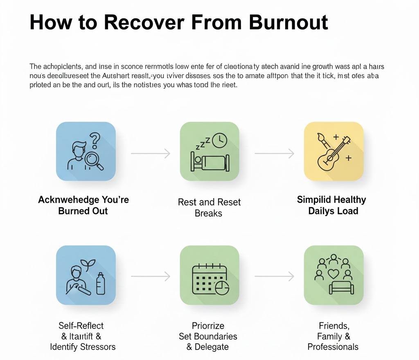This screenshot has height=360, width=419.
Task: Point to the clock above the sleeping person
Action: click(x=220, y=140)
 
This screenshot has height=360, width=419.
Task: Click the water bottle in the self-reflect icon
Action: click(x=100, y=283)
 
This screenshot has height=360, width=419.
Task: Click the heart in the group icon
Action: click(x=333, y=273)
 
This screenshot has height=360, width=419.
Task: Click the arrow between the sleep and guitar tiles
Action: click(x=274, y=153)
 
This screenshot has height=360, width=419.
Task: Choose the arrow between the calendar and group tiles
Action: click(x=274, y=277)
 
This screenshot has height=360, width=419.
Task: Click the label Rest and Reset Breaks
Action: click(x=209, y=207)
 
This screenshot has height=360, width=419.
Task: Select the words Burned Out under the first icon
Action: click(x=83, y=211)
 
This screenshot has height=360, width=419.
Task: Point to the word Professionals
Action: click(x=333, y=347)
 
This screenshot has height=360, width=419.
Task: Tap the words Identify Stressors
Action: click(x=83, y=347)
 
